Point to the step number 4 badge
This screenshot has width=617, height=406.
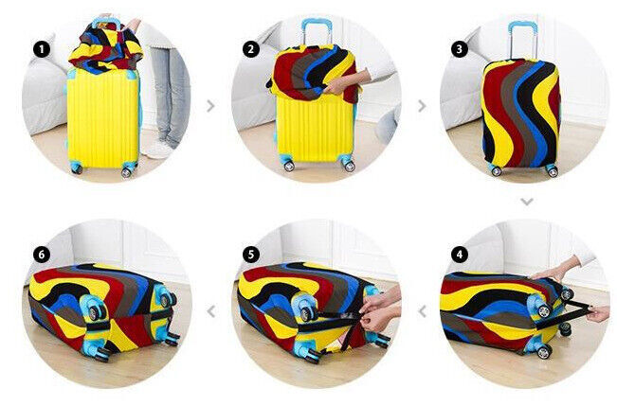[460, 255]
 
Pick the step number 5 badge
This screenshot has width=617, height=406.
[251, 255]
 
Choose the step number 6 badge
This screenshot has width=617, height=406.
[43, 255]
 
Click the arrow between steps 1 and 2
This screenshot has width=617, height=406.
[210, 105]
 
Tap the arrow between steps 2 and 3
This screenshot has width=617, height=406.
[420, 105]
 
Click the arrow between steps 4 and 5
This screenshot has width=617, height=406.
[420, 310]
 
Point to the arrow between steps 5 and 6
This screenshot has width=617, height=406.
[210, 310]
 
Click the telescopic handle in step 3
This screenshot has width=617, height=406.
[522, 38]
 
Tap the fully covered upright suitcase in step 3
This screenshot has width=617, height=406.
[520, 114]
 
